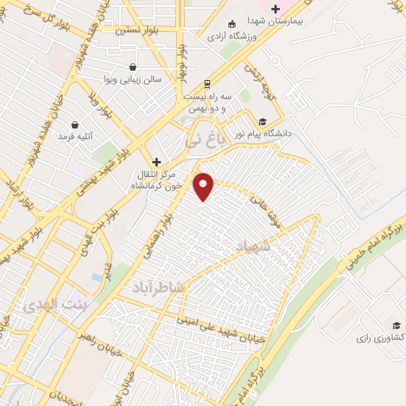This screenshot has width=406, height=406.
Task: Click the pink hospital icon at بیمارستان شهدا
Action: point(275,9)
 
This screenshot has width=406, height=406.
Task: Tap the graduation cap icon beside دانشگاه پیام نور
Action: point(262,121)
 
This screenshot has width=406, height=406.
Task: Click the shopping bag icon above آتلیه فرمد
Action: point(75,124)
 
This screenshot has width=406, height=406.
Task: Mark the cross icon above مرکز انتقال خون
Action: point(156,161)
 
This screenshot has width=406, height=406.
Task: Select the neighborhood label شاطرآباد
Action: point(159,288)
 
